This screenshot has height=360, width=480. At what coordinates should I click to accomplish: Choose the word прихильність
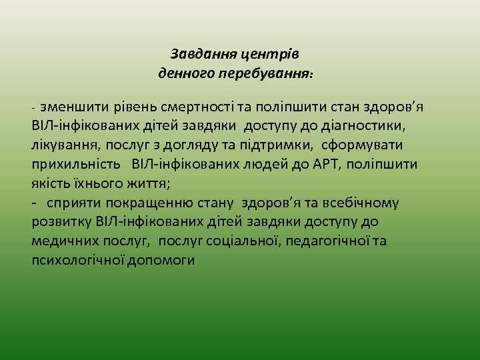(x=75, y=163)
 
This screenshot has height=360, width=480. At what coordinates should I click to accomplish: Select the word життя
(x=150, y=183)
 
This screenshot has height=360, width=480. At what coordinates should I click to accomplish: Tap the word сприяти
(x=75, y=202)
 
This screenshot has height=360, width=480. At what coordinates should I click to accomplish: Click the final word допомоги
(x=163, y=260)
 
